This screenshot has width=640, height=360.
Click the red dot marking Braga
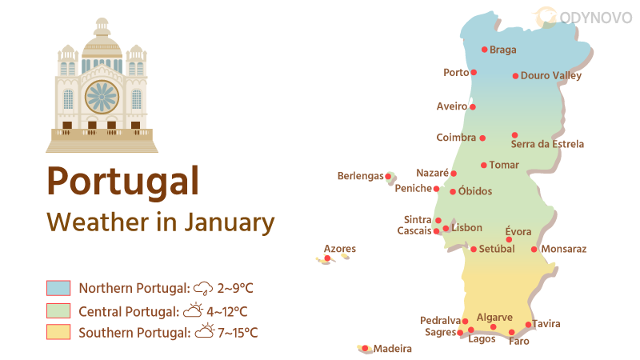click(x=484, y=49)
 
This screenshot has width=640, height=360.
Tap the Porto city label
click(x=456, y=73)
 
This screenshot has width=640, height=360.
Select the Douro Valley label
click(x=550, y=76)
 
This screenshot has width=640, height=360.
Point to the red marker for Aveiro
click(x=473, y=106)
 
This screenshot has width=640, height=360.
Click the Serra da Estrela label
click(x=547, y=145)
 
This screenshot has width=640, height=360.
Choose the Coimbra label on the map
click(x=456, y=138)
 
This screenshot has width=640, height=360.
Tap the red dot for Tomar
click(x=483, y=166)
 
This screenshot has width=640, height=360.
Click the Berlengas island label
click(x=360, y=176)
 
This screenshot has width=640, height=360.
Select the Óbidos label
click(x=475, y=191)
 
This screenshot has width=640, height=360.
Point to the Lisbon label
click(x=467, y=228)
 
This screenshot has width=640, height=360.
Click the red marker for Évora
click(x=509, y=240)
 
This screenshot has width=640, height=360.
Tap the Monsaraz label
click(x=564, y=249)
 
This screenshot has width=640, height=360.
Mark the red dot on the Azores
click(x=328, y=258)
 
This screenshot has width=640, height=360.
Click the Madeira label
click(x=393, y=349)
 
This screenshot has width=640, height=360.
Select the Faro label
click(x=518, y=342)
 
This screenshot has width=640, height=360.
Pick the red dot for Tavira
click(x=528, y=324)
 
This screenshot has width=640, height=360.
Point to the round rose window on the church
click(x=102, y=97)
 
